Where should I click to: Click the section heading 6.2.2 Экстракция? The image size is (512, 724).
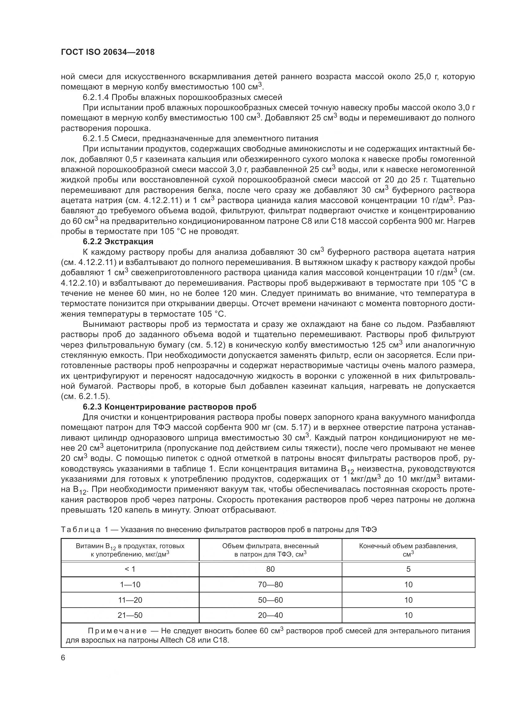coord(118,241)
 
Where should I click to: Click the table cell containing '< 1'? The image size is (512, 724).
coord(130,569)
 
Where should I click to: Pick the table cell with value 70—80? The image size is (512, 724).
coord(270,584)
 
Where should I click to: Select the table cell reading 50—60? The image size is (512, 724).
coord(270,600)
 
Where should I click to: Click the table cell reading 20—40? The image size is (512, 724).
coord(270,615)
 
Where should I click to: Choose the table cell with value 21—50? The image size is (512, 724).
coord(130,615)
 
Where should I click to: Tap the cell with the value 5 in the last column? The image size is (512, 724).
coord(408,569)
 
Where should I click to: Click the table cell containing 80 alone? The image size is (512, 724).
coord(270,569)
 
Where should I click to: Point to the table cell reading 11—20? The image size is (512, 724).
coord(130,600)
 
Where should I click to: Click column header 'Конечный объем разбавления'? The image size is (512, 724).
coord(408,546)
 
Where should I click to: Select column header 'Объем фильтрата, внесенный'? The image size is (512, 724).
coord(270,546)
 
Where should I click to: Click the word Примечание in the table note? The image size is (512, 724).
coord(117,631)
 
